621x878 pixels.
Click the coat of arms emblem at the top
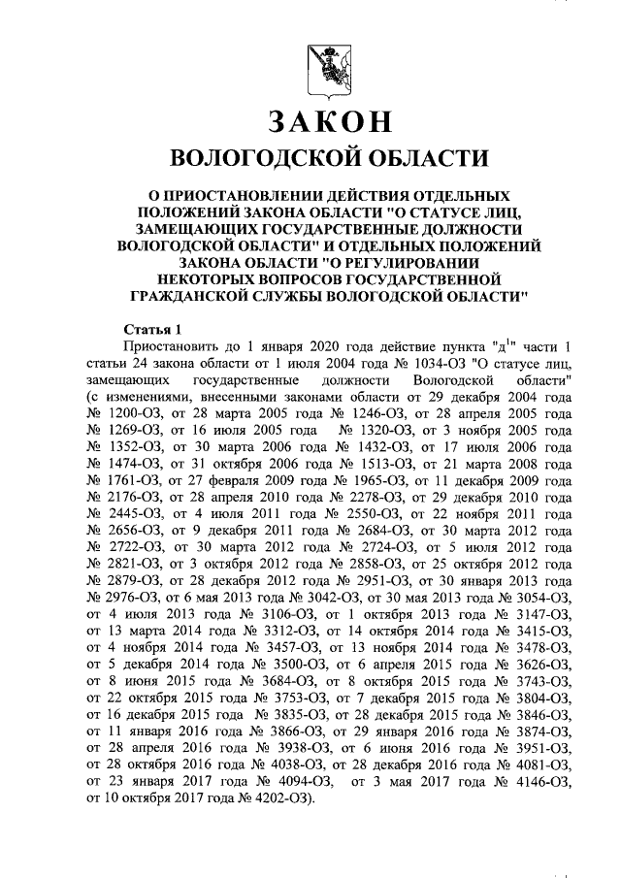[x=320, y=68]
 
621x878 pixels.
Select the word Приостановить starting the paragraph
[x=173, y=347]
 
